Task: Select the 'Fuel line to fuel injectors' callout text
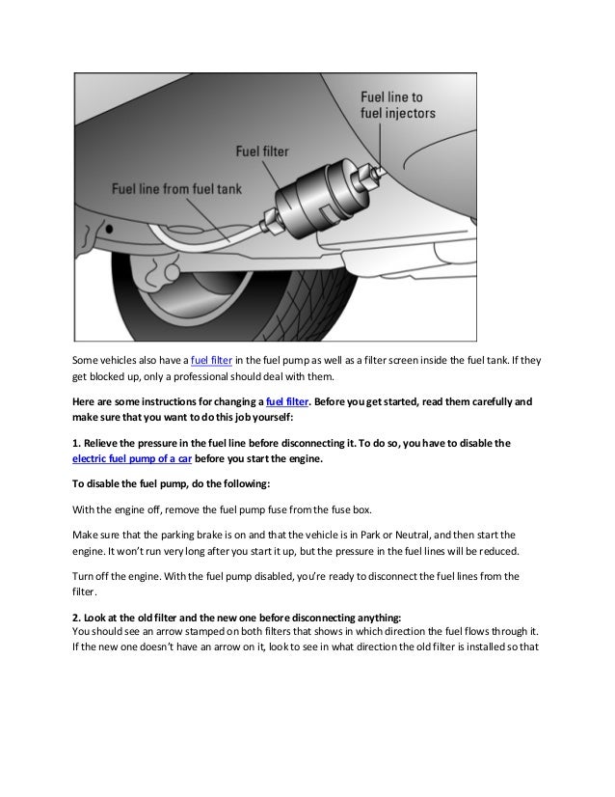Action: [x=397, y=104]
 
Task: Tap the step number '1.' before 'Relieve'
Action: [x=78, y=445]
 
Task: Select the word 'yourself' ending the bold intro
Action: [x=249, y=417]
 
